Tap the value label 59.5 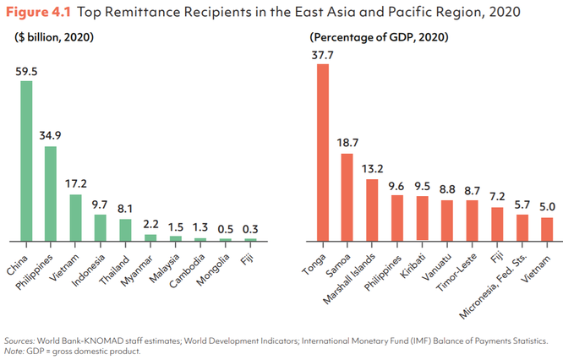[27, 72]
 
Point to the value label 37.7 [322, 55]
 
